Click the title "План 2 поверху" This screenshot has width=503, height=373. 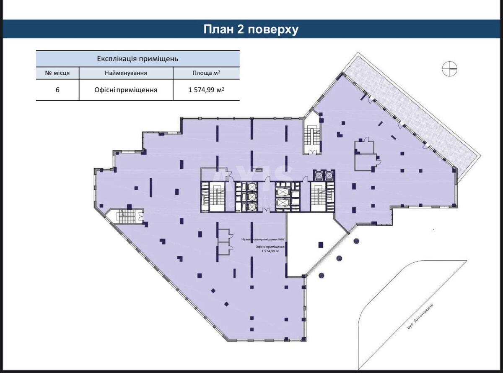tap(251, 29)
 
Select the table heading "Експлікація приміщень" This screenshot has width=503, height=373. tap(138, 58)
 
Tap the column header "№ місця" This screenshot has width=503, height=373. tap(57, 73)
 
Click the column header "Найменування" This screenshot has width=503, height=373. tap(126, 73)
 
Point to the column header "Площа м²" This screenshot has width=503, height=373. tap(206, 73)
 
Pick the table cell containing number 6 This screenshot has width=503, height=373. tap(57, 90)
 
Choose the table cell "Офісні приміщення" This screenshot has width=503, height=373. tap(126, 90)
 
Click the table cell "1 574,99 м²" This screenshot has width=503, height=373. tap(206, 90)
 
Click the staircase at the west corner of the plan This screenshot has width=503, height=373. tap(124, 216)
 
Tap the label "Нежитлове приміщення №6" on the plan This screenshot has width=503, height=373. tap(263, 239)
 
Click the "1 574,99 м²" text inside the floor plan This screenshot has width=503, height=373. tap(270, 251)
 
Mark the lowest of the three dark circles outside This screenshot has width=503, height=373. tap(322, 275)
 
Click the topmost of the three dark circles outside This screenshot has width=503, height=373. tap(356, 241)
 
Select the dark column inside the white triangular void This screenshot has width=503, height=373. tap(321, 245)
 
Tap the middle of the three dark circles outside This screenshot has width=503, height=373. tap(339, 258)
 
